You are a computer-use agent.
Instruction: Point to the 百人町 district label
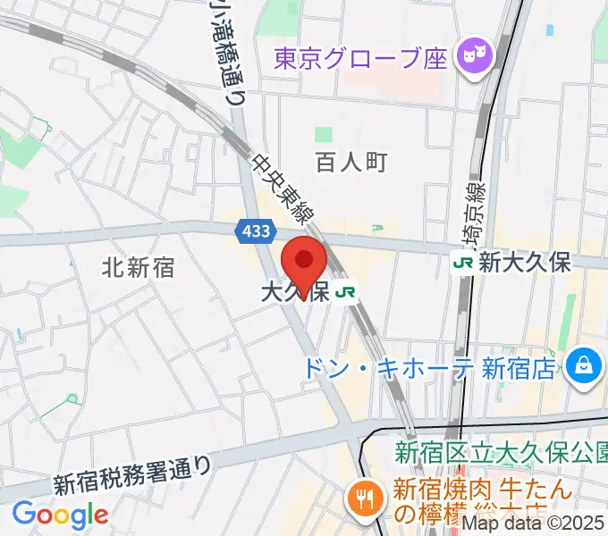click(351, 162)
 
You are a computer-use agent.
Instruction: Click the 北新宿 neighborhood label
click(138, 266)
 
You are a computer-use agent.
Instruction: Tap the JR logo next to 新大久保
click(463, 263)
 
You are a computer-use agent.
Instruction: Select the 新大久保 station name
click(525, 263)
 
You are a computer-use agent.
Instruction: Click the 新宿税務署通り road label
click(133, 474)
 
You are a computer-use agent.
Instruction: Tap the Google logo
click(60, 515)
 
